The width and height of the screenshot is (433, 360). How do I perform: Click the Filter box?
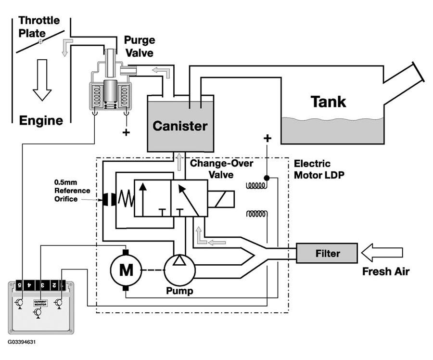(327, 253)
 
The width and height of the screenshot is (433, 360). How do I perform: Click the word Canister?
(180, 126)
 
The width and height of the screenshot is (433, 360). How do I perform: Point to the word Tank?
(328, 102)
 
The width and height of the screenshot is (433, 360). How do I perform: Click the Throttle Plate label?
(38, 27)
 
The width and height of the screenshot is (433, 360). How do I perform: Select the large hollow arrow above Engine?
(42, 79)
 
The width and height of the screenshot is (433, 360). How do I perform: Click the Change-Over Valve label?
(212, 168)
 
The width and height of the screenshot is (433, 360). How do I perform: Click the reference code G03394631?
(21, 343)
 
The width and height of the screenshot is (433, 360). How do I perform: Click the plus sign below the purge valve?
(126, 131)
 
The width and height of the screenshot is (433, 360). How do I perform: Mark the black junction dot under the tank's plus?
(266, 178)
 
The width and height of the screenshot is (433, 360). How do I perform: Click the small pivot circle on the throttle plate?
(40, 42)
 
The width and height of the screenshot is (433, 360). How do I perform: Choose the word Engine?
(41, 120)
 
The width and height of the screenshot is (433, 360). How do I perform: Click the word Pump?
(179, 291)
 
